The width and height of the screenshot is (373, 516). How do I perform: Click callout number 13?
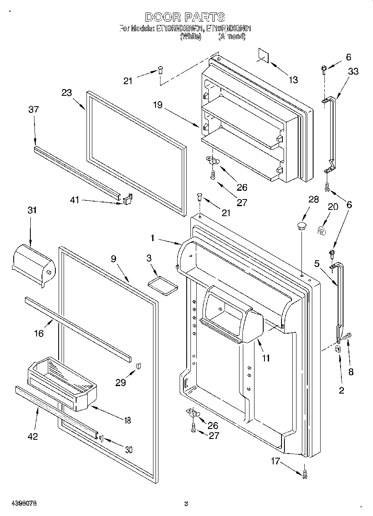click(x=293, y=80)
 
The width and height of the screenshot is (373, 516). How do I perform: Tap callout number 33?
click(x=353, y=71)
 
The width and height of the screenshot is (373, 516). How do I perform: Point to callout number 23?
click(x=67, y=93)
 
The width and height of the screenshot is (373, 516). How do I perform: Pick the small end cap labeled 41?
click(x=128, y=199)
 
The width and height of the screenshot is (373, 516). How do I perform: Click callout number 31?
click(x=32, y=210)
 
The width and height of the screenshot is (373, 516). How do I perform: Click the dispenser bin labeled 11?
click(x=231, y=314)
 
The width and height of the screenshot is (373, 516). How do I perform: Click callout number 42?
click(x=32, y=436)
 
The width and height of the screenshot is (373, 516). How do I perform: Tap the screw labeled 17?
click(x=305, y=472)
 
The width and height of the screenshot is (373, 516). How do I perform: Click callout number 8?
click(x=351, y=372)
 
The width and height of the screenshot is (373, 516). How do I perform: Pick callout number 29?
click(x=121, y=383)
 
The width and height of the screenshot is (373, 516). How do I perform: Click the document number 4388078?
click(x=19, y=503)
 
